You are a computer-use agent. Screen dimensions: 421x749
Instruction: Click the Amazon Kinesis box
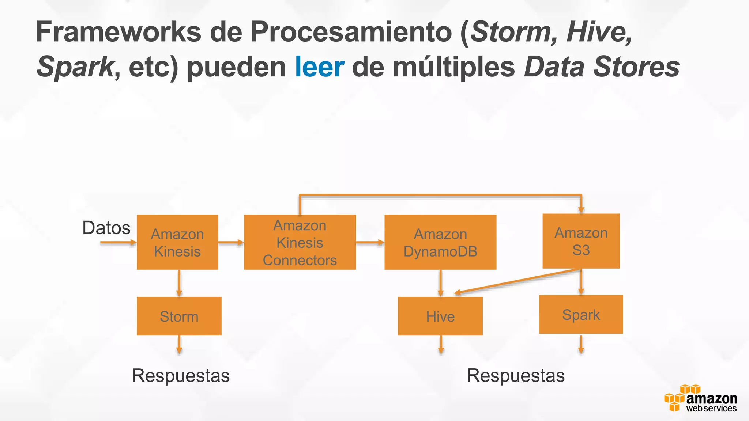(177, 242)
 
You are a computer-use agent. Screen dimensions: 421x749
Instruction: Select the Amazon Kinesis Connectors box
(300, 242)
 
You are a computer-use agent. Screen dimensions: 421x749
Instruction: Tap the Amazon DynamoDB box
(440, 242)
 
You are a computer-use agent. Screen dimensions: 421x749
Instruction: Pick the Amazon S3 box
(581, 241)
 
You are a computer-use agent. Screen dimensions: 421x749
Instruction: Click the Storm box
(179, 316)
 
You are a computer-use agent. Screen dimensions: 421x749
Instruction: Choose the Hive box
(440, 316)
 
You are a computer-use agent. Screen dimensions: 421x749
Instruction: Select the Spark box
(581, 314)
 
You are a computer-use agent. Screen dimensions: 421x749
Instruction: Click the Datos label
(106, 228)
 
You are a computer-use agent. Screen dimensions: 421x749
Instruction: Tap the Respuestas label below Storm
(181, 375)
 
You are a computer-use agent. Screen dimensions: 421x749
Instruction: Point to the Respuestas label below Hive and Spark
(516, 375)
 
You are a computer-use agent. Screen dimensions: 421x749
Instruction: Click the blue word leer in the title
(319, 67)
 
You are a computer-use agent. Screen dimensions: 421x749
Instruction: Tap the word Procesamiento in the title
(351, 32)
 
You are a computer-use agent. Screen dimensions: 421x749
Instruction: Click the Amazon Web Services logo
(700, 399)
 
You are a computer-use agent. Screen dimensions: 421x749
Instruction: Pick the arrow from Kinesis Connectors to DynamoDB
(370, 242)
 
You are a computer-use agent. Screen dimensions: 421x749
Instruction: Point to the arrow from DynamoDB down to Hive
(441, 282)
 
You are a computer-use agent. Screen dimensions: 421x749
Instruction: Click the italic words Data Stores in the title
(602, 67)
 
